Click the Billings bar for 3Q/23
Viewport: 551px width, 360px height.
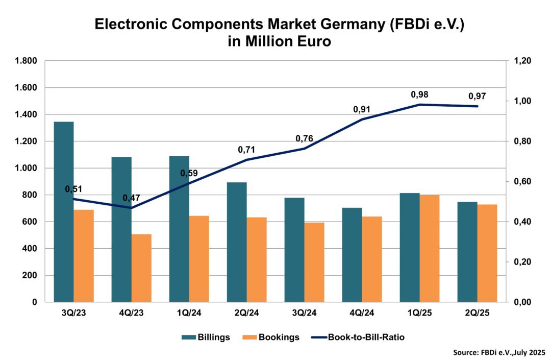[64, 212]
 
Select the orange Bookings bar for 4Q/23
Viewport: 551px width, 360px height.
[141, 268]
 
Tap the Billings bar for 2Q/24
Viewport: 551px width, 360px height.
[237, 242]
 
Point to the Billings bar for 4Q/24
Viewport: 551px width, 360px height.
[352, 255]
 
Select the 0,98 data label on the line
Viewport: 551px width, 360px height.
[419, 94]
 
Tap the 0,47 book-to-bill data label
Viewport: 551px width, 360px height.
[131, 198]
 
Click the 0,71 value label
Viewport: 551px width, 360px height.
[246, 150]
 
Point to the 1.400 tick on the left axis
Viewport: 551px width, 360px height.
[27, 114]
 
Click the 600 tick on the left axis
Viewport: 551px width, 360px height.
[31, 222]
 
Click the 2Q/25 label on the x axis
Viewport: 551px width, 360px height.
[477, 313]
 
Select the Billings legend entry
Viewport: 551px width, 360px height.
[206, 337]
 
